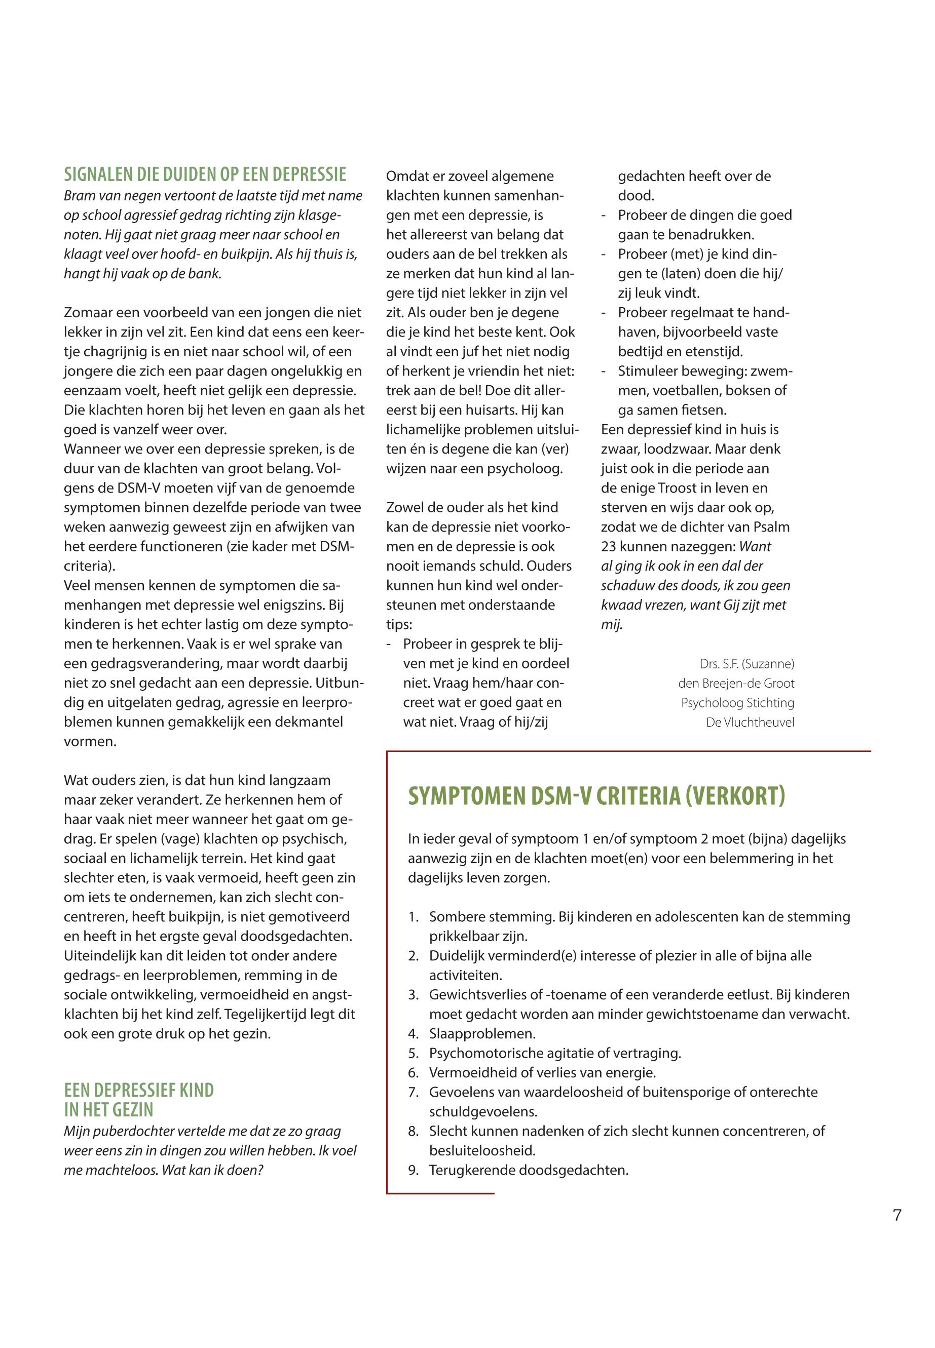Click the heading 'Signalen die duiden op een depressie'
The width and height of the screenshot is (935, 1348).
[x=205, y=174]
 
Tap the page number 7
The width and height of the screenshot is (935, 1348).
[x=897, y=1216]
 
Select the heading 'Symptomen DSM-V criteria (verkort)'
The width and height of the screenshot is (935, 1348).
[x=596, y=796]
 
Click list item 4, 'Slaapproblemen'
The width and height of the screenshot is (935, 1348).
[x=482, y=1034]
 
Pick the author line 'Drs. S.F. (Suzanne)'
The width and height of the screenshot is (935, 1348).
[x=746, y=664]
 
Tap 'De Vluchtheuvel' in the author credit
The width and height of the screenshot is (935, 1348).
[x=750, y=722]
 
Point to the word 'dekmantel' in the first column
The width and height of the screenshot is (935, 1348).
[x=314, y=722]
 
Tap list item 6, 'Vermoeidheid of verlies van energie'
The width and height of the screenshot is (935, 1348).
[x=542, y=1073]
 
